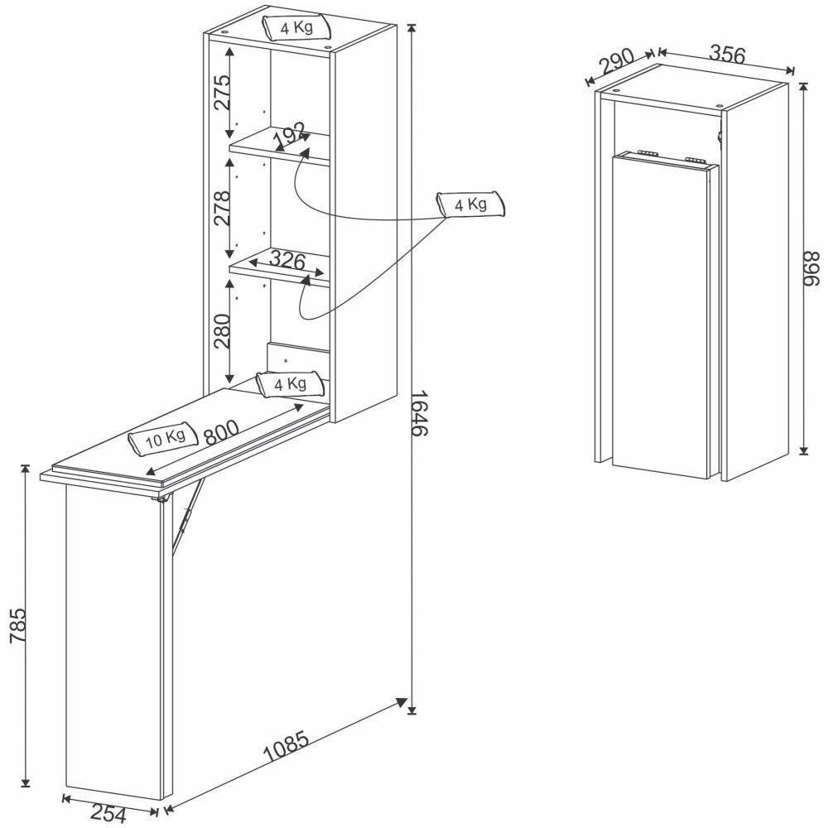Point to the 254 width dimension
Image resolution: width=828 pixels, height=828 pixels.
click(x=109, y=815)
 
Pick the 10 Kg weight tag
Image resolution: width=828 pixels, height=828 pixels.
click(x=163, y=440)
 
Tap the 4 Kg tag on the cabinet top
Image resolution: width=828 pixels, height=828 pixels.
click(x=296, y=26)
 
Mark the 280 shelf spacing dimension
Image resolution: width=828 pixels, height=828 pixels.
click(x=217, y=330)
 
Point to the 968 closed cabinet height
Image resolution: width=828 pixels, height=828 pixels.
click(x=811, y=269)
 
